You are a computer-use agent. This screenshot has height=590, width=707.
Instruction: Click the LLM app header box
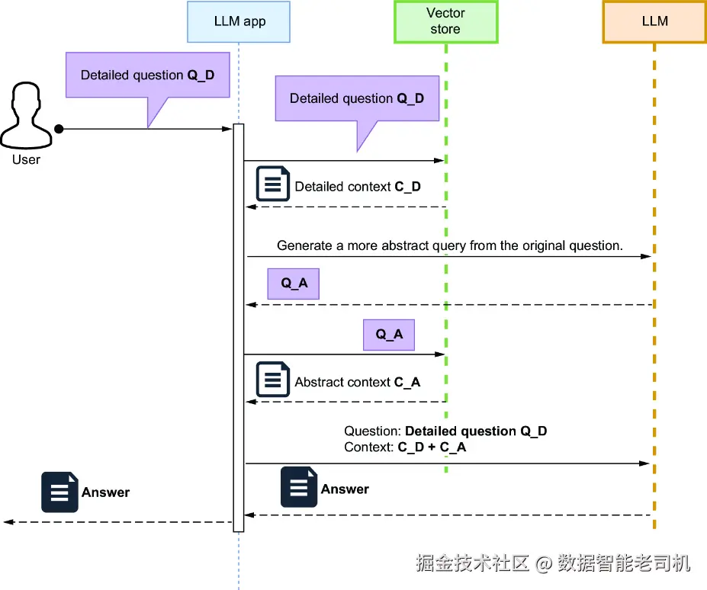point(239,21)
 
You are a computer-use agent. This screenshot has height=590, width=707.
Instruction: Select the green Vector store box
point(445,21)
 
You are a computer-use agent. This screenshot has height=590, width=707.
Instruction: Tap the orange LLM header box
point(654,21)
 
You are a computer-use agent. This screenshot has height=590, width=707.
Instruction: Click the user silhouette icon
point(27,117)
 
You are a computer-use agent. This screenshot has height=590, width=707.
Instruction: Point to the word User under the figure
point(27,159)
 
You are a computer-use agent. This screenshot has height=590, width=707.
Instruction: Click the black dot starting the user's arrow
point(59,129)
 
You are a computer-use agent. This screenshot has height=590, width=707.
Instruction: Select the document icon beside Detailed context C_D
point(272,184)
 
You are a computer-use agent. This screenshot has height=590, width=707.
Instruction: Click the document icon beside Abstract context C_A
point(272,380)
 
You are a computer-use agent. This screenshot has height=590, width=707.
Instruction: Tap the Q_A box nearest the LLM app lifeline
point(294,284)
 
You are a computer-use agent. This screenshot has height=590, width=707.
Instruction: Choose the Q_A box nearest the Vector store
point(389,335)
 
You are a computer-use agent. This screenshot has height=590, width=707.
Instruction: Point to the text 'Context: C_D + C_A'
point(405,447)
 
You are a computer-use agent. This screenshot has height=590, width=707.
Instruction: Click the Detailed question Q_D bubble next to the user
point(147,75)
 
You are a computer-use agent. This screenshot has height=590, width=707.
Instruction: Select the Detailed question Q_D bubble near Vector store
point(357,98)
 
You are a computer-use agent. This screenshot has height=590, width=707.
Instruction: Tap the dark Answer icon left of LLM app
point(59,492)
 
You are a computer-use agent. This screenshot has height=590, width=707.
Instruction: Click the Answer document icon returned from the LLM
point(299,487)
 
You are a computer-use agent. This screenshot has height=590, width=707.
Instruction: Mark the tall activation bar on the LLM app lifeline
point(239,328)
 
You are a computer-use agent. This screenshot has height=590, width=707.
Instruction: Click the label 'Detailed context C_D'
point(358,187)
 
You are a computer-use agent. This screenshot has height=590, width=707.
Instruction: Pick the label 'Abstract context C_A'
point(358,382)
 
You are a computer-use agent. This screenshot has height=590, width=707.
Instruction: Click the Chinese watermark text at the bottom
point(553,563)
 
